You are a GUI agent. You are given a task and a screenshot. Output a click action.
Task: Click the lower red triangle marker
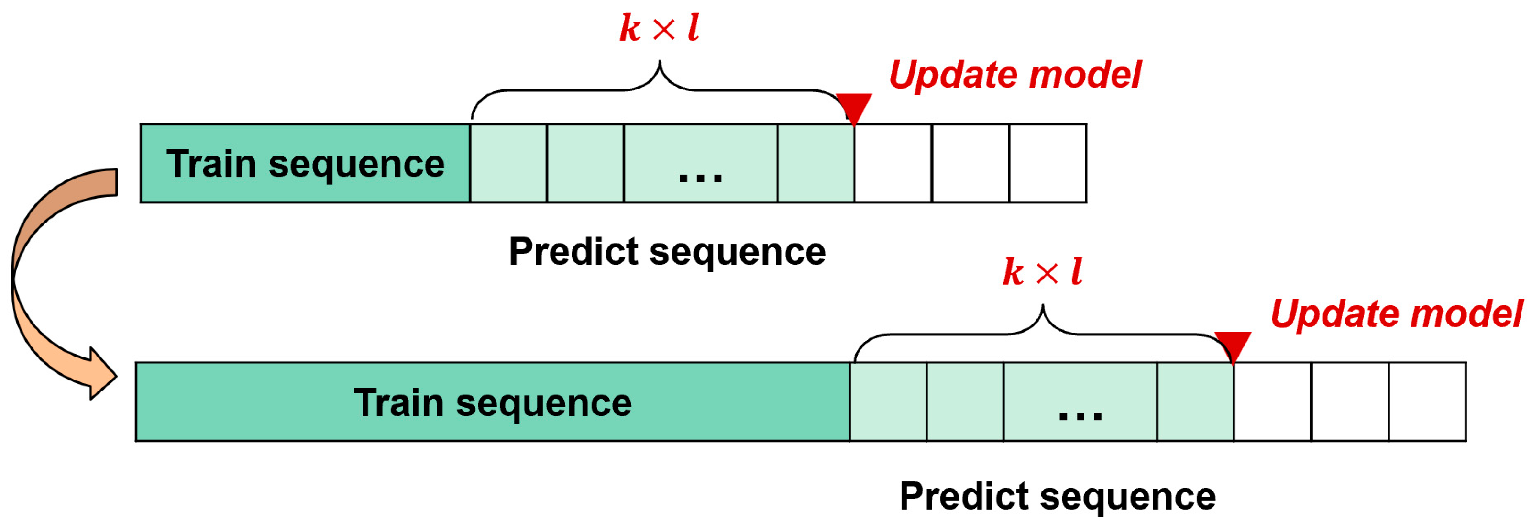(1233, 345)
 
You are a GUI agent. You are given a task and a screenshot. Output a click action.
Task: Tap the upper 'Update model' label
(1014, 75)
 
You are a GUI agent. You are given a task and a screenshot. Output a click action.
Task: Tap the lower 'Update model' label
(1396, 313)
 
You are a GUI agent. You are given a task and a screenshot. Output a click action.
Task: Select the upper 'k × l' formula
(659, 28)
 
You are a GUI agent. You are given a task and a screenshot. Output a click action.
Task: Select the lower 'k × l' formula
(1042, 272)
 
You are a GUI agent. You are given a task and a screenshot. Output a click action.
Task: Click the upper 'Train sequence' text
(305, 164)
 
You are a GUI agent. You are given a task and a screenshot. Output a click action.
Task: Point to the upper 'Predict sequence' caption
(667, 251)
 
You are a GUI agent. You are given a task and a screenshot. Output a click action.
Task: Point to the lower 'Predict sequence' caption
(1058, 496)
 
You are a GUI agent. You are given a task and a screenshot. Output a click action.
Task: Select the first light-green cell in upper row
(508, 164)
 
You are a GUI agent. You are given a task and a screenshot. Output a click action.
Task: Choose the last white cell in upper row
(1047, 164)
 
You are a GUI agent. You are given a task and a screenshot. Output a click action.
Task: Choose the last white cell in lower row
(1427, 402)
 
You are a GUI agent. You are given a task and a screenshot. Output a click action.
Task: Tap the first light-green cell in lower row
(888, 402)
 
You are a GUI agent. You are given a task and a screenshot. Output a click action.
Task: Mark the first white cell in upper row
(893, 164)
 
